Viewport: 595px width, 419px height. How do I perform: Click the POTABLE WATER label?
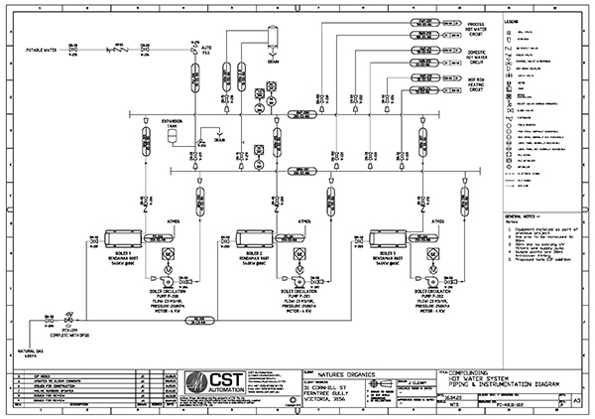(x=46, y=47)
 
